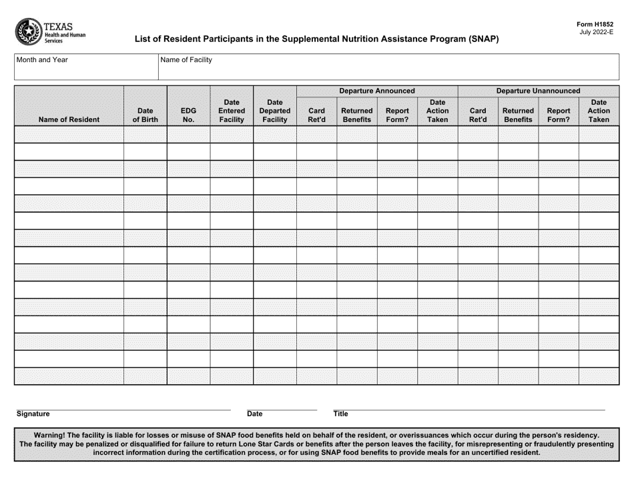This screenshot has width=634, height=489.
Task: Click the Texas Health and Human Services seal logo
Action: (28, 31)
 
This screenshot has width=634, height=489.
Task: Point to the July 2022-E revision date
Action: (597, 32)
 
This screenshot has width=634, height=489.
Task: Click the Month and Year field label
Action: (42, 60)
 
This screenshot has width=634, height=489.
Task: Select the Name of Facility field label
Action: (186, 60)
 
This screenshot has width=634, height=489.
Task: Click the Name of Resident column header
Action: (69, 120)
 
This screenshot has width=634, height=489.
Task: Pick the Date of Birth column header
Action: (145, 115)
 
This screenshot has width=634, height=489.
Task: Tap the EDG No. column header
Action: (188, 115)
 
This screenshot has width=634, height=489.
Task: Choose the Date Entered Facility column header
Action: (232, 111)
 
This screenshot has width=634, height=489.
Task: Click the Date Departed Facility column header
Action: (274, 111)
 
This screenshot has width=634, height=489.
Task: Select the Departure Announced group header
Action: (377, 91)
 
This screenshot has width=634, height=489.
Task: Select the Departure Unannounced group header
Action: (538, 91)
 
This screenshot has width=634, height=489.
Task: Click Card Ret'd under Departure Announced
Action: (316, 115)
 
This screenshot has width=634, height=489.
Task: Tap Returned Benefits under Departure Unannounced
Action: (518, 115)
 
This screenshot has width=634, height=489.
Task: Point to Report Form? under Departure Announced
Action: (397, 115)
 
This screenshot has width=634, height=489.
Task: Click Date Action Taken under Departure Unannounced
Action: (599, 111)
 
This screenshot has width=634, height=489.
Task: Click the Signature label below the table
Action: (33, 414)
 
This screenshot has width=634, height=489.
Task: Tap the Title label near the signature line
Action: (340, 414)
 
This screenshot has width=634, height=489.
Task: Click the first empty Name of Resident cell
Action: (69, 134)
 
